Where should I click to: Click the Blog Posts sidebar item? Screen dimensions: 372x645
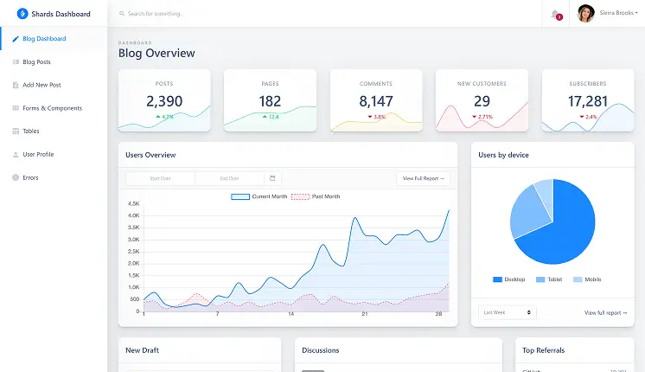36,62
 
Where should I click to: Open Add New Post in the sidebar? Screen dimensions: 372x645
42,85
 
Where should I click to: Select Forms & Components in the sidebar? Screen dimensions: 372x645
52,108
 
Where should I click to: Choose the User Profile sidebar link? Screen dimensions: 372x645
38,154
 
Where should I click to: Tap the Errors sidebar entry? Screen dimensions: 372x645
30,177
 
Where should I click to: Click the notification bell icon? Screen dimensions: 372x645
554,14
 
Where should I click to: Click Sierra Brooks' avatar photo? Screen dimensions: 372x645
585,14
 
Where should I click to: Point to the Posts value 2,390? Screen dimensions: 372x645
164,101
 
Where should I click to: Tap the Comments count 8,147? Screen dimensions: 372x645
376,101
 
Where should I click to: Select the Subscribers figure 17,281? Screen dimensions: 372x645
588,101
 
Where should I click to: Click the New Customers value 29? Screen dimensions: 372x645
482,101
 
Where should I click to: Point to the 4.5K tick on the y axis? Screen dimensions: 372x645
134,203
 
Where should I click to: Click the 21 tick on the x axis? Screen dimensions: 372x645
365,314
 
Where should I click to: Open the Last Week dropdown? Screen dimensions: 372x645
507,312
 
